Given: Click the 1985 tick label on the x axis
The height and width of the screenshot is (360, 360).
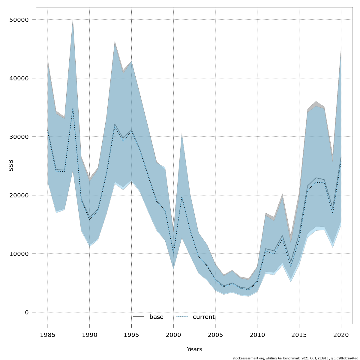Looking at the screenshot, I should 48,334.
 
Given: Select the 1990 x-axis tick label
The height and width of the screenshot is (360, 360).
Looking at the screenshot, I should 89,334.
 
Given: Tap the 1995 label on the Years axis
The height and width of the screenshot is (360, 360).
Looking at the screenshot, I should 131,334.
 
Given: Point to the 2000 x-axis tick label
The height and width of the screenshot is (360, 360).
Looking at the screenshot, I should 173,334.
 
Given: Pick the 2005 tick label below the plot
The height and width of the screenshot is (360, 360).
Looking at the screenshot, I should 215,334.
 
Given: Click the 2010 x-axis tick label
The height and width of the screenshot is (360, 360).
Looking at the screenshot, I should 257,334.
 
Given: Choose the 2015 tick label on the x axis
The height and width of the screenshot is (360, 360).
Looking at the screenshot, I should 299,334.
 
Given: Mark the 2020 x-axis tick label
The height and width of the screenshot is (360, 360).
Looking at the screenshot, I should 341,334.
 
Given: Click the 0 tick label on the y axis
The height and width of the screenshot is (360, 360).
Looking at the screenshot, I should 26,312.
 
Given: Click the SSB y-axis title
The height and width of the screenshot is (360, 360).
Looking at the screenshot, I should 11,166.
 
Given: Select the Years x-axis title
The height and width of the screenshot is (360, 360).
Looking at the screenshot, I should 194,349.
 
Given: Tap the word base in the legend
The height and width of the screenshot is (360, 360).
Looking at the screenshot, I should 156,317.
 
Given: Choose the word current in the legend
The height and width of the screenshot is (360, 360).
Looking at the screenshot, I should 204,317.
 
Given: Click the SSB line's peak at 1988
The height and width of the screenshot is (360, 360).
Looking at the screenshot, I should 73,108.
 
